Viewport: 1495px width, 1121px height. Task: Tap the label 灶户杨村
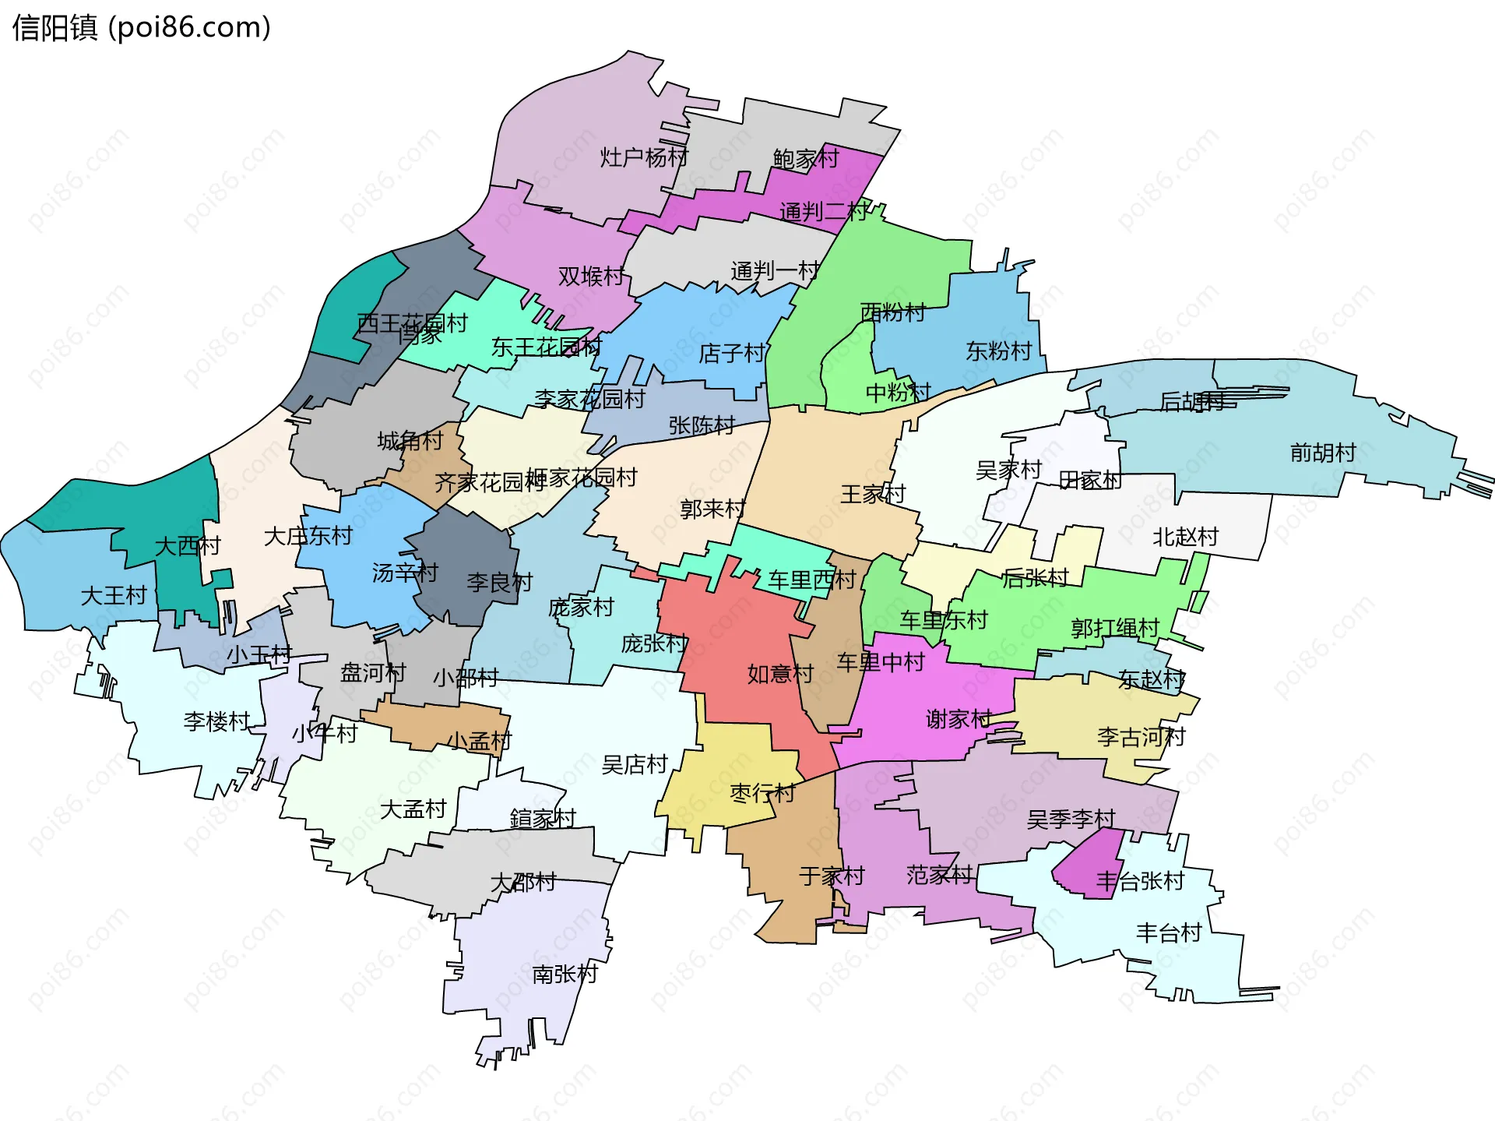coord(643,157)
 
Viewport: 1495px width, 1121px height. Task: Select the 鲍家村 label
coord(805,159)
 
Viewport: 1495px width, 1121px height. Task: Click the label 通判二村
coord(823,211)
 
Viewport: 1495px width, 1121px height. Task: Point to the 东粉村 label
coord(998,351)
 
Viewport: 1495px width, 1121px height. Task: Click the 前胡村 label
coord(1322,453)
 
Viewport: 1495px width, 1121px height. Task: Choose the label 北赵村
coord(1184,537)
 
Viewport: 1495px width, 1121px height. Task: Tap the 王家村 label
coord(873,494)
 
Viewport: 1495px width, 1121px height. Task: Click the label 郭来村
coord(712,509)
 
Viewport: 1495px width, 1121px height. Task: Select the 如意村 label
coord(780,674)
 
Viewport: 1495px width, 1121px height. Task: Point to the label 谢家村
coord(959,719)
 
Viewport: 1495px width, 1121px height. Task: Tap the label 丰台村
coord(1168,932)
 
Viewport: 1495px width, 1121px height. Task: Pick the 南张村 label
coord(565,974)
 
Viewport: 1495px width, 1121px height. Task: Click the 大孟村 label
coord(413,809)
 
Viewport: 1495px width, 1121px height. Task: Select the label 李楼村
coord(216,721)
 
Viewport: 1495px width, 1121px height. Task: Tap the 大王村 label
coord(114,596)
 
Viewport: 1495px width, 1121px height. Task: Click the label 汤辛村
coord(404,573)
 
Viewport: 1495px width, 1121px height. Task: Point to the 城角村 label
coord(410,441)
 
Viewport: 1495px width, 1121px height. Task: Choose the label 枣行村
coord(762,793)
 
